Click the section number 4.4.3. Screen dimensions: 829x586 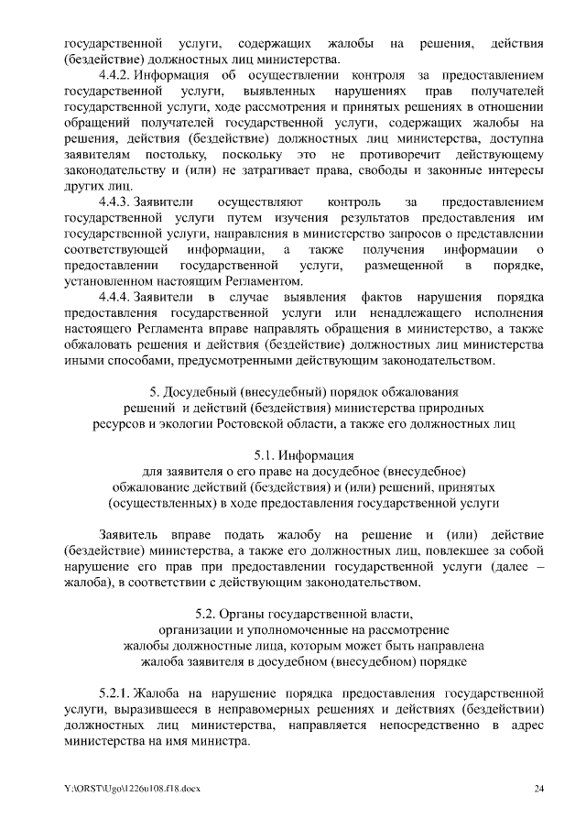tap(115, 201)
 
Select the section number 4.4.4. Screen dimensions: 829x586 tap(115, 298)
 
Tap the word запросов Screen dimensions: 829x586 tap(371, 233)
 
